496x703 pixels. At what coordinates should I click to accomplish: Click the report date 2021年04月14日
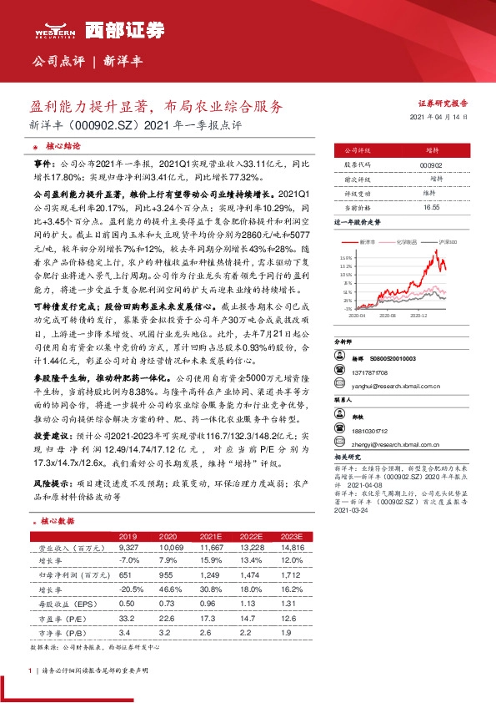[438, 118]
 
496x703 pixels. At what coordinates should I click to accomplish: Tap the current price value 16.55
[431, 206]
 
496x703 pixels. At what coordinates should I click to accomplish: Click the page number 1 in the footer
[30, 670]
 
